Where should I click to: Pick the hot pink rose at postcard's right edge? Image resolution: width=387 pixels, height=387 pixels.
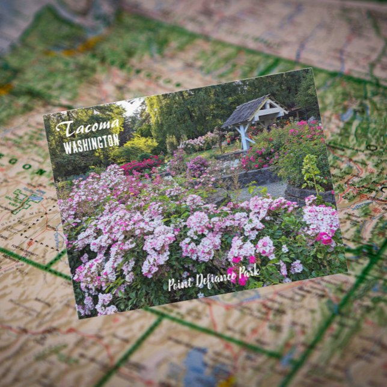[x=325, y=238]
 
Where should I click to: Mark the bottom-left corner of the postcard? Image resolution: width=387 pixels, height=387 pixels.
[x=78, y=318]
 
